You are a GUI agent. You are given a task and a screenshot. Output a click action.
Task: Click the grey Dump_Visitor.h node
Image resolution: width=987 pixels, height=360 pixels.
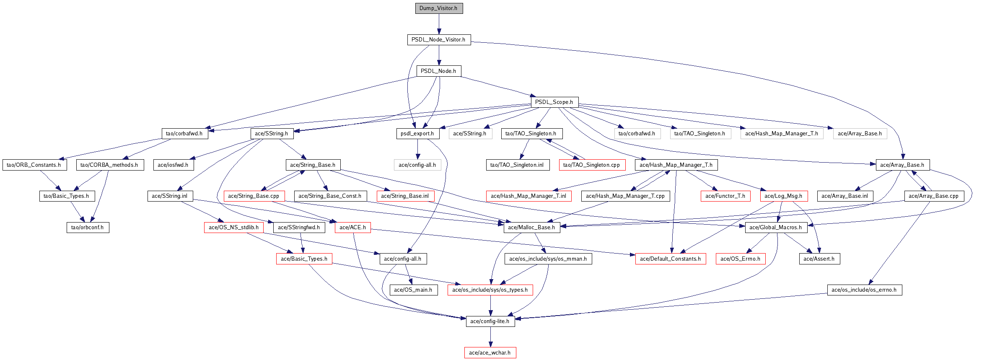coord(439,8)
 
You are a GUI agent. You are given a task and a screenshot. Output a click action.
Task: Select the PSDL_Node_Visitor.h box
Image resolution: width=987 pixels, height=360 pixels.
coord(439,40)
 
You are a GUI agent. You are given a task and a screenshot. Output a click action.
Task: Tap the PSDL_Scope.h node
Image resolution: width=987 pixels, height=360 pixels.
coord(554,102)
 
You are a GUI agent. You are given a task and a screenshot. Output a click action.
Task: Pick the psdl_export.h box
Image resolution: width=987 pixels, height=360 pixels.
coord(417,134)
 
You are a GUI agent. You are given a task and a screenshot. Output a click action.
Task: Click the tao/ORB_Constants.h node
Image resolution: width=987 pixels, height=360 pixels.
coord(34,165)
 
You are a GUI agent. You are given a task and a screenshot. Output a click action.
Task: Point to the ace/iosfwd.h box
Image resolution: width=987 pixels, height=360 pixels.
coord(173,165)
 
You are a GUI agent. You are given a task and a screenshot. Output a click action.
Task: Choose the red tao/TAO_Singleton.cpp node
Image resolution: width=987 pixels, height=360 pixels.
coord(592,165)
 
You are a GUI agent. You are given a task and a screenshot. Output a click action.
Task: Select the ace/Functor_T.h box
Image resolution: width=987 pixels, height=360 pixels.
coord(725,196)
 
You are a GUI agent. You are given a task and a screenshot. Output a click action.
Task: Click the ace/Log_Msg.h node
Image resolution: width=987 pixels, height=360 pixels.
coord(783,196)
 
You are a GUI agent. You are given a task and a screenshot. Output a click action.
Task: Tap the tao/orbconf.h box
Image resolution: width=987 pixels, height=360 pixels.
coord(88,228)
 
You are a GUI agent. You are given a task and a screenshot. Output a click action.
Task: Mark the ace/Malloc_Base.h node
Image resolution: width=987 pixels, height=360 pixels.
coord(531,228)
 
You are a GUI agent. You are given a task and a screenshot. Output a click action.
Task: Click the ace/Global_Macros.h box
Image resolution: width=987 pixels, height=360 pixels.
coord(776,228)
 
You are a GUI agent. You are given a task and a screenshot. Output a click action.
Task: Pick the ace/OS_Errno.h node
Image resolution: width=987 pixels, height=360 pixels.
coord(741,259)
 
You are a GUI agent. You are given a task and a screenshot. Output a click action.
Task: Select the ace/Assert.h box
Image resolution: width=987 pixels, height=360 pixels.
coord(819,259)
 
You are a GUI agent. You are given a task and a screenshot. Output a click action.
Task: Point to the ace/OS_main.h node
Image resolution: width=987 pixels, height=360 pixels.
coord(413,290)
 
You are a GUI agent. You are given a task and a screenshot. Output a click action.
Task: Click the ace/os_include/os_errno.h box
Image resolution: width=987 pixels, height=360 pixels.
coord(864,290)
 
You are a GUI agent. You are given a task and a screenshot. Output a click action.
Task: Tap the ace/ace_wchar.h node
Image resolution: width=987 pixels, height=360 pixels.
coord(490,353)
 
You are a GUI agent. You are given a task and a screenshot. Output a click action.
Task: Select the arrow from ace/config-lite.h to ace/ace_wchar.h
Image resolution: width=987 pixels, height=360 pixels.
coord(490,337)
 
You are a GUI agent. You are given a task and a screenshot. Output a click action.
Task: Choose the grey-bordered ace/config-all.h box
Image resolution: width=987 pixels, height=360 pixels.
coord(417,165)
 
